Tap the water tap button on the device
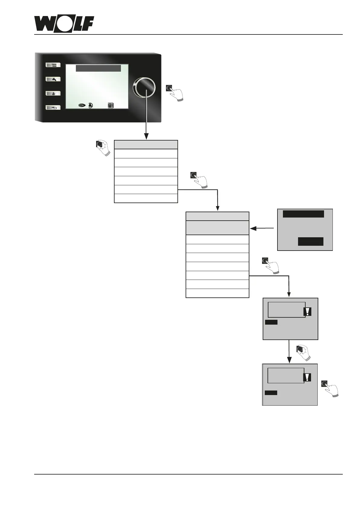(53, 79)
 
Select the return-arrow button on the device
(53, 107)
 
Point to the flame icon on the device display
(82, 105)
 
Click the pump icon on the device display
(91, 105)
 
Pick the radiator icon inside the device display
(111, 105)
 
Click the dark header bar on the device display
(98, 68)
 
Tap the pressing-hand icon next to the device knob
(175, 92)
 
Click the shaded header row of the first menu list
(146, 144)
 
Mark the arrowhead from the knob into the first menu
(146, 136)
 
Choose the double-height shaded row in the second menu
(217, 228)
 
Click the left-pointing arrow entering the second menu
(253, 228)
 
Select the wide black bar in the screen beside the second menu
(303, 214)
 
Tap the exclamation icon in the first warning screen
(307, 312)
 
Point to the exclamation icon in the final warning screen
(307, 377)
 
